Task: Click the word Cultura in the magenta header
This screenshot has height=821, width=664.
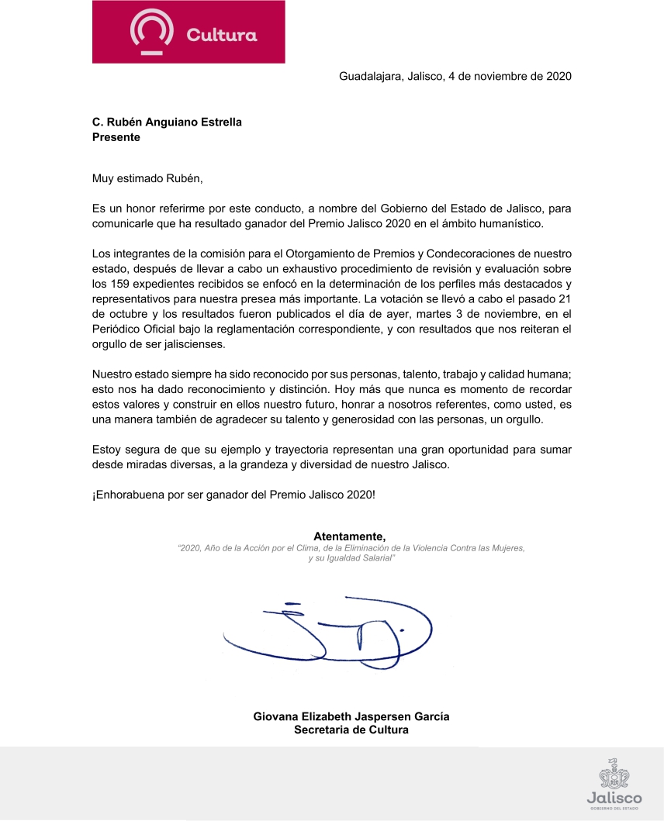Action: coord(221,35)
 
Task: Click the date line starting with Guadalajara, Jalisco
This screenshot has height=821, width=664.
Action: coord(455,76)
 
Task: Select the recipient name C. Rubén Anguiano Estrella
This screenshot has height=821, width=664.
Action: coord(167,122)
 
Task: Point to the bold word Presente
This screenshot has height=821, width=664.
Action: coord(116,137)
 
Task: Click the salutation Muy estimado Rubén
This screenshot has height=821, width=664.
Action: coord(147,179)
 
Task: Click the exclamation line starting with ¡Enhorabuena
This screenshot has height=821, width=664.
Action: coord(233,493)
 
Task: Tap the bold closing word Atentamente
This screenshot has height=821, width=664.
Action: coord(349,536)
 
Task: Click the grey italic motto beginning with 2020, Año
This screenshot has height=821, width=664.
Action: coord(351,553)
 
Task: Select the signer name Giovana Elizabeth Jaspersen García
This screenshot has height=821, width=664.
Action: coord(351,716)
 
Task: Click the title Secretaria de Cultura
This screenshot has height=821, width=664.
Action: coord(351,730)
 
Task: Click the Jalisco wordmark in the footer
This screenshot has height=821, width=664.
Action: coord(614,798)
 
